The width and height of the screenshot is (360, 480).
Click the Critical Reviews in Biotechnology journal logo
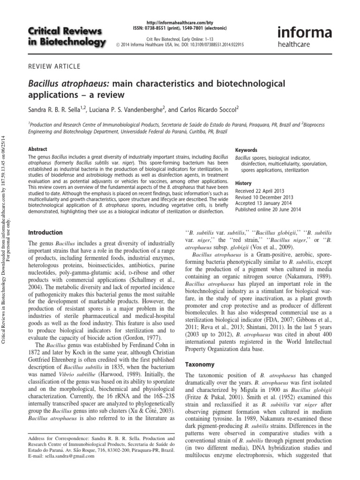point(67,37)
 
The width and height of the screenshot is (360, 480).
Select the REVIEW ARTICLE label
point(54,67)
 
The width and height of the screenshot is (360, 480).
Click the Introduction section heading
point(45,232)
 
